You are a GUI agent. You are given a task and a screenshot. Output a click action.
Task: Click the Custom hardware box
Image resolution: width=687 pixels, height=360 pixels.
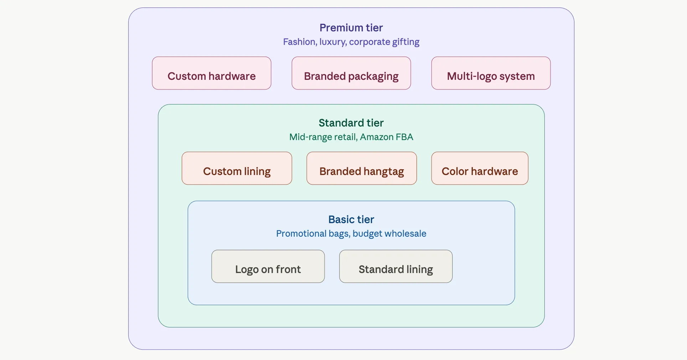[x=211, y=73]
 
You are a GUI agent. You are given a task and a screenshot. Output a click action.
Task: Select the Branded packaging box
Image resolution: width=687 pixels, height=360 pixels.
[x=351, y=73]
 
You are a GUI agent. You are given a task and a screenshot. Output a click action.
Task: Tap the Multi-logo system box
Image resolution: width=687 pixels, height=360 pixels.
[x=491, y=73]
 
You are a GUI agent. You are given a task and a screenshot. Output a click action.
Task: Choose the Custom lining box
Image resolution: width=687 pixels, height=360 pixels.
[x=237, y=168]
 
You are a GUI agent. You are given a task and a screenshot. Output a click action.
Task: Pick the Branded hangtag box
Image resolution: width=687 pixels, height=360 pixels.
[x=361, y=168]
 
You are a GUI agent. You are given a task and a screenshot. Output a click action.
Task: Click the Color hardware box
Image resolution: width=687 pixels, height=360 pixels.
[x=480, y=168]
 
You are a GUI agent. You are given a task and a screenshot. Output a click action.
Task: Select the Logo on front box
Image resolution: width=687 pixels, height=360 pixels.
[x=268, y=266]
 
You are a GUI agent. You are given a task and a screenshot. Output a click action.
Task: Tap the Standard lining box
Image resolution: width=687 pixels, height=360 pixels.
[x=396, y=266]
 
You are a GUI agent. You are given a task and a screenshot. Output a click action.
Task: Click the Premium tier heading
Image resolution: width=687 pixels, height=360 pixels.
[x=351, y=28]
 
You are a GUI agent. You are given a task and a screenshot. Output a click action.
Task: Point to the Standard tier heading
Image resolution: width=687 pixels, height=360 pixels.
[x=351, y=123]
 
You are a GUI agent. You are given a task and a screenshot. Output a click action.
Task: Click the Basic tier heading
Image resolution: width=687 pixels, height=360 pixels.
[x=351, y=220]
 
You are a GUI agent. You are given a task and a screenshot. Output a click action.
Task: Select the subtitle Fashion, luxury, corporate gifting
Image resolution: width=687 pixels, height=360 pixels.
[x=351, y=42]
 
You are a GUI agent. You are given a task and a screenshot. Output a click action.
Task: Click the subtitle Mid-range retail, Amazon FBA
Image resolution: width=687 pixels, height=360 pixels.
[x=351, y=137]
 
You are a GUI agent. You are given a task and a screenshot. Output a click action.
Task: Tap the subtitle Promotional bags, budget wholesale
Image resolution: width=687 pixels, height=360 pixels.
[x=351, y=234]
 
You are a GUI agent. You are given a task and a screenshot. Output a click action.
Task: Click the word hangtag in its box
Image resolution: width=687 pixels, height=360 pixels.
[x=383, y=172]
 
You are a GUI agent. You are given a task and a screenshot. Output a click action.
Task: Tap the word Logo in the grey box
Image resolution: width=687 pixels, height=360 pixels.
[x=247, y=270]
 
